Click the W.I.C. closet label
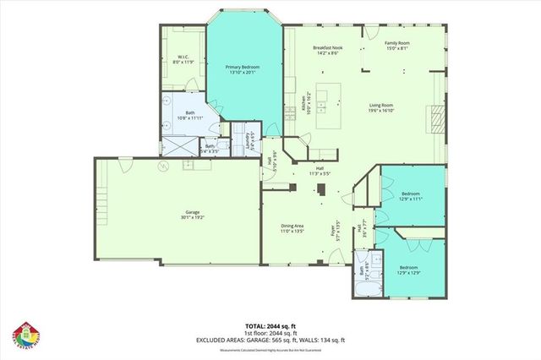[183, 60]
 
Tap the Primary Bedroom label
[243, 69]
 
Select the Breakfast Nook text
[325, 50]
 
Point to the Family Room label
[397, 45]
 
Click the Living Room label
[405, 107]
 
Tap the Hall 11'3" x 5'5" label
[320, 172]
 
